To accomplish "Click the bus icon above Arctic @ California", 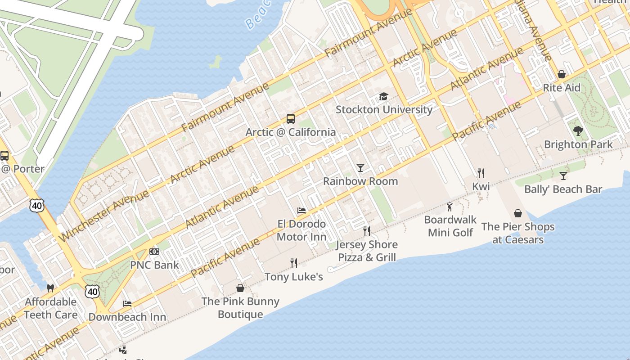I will pos(291,119).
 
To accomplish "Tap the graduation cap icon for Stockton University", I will pos(383,96).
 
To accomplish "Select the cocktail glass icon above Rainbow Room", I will pos(360,168).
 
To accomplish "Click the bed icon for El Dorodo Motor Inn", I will pos(301,211).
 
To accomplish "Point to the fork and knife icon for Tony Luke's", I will pos(294,263).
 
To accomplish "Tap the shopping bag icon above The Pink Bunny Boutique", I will pos(240,288).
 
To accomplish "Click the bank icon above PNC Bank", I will pos(154,252).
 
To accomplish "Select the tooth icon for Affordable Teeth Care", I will pos(50,288).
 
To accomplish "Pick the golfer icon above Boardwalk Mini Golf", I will pos(450,207).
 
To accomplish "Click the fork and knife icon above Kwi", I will pos(481,173).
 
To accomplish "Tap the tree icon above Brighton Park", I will pos(578,131).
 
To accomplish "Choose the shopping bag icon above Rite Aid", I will pos(562,74).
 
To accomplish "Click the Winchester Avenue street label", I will pos(103,216).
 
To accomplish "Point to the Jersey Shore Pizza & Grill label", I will pos(367,251).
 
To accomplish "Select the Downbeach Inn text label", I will pos(127,317).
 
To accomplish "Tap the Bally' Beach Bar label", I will pos(563,189).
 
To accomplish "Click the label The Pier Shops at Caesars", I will pos(518,233).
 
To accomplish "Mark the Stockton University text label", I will pos(384,109).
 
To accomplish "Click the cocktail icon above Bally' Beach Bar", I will pos(563,175).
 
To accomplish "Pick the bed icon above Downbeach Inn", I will pos(127,304).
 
